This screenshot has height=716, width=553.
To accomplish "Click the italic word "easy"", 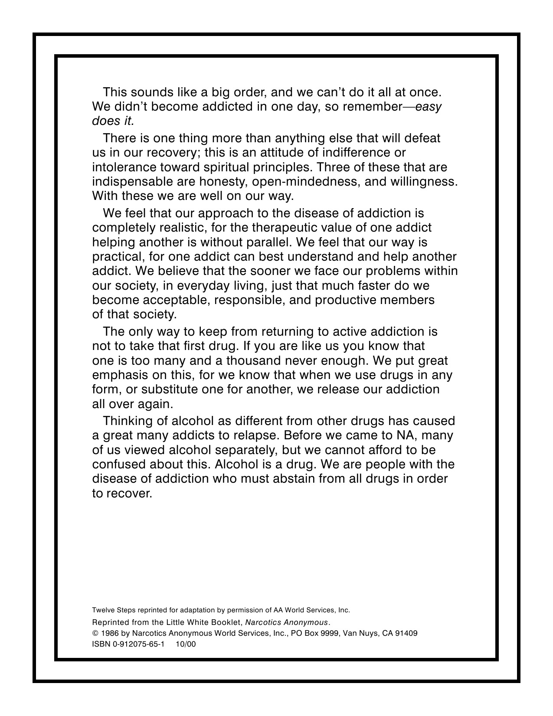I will pos(429,107).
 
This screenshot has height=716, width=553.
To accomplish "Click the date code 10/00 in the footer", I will pos(186,644).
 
